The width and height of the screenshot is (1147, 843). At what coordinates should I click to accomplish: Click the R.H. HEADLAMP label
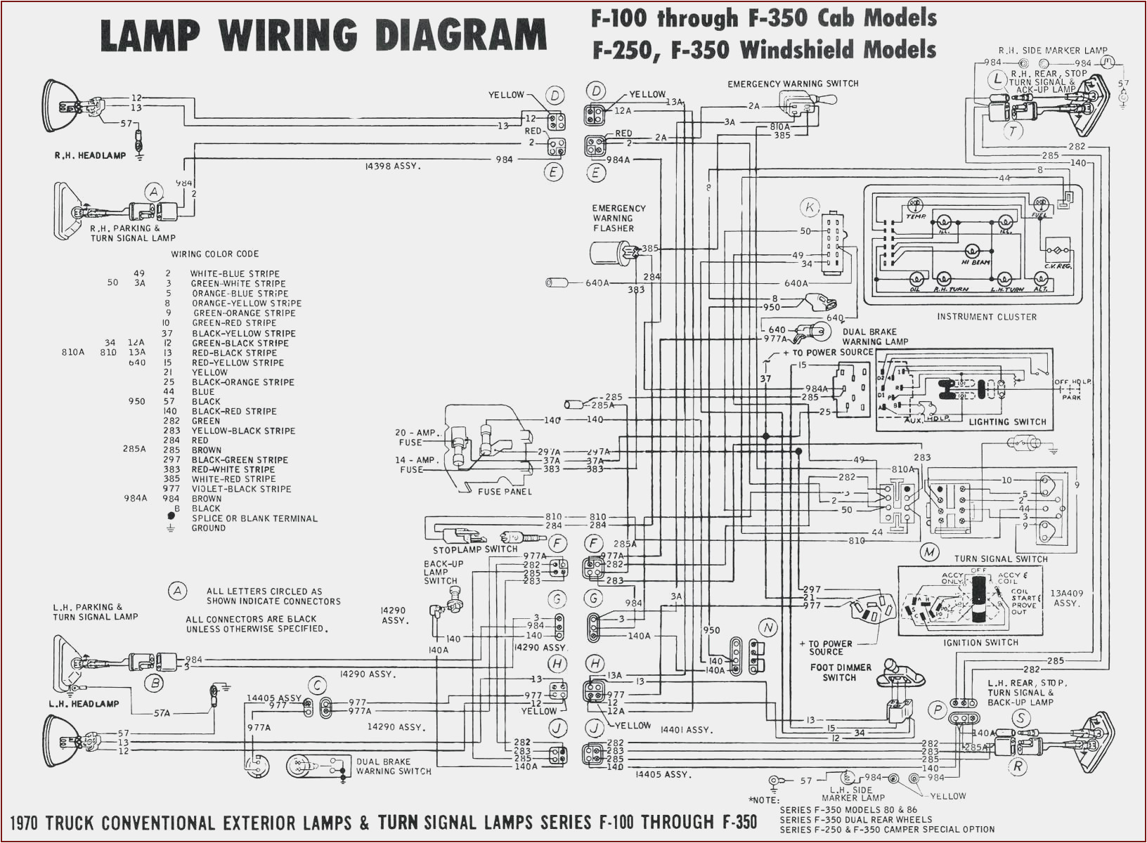pyautogui.click(x=90, y=155)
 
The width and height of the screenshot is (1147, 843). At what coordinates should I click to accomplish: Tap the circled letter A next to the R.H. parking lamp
pyautogui.click(x=154, y=192)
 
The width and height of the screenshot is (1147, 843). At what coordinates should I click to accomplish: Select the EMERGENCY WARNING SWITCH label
pyautogui.click(x=793, y=84)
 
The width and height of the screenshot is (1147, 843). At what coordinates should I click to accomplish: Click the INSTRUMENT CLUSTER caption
pyautogui.click(x=986, y=317)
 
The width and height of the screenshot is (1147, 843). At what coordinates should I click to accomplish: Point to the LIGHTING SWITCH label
pyautogui.click(x=1007, y=422)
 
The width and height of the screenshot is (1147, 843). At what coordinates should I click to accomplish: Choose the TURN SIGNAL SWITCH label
pyautogui.click(x=1000, y=559)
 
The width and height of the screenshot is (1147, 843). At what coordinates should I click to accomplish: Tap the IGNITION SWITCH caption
pyautogui.click(x=980, y=643)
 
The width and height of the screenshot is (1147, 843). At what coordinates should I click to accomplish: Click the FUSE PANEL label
pyautogui.click(x=505, y=491)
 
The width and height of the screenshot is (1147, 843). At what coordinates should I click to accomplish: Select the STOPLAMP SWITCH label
pyautogui.click(x=475, y=549)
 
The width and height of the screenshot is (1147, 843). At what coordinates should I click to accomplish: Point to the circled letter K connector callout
pyautogui.click(x=810, y=207)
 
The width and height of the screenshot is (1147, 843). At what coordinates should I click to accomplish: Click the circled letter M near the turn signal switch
pyautogui.click(x=930, y=552)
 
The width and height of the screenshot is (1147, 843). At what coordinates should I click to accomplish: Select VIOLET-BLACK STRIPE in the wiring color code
pyautogui.click(x=241, y=489)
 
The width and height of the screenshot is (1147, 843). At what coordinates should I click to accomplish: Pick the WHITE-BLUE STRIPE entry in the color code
pyautogui.click(x=235, y=274)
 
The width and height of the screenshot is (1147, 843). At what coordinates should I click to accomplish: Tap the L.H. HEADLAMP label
pyautogui.click(x=84, y=704)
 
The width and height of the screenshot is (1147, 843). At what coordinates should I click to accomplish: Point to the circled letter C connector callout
pyautogui.click(x=318, y=686)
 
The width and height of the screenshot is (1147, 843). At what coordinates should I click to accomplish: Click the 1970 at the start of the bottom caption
pyautogui.click(x=33, y=823)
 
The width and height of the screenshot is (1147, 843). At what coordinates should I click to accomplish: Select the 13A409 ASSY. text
pyautogui.click(x=1066, y=599)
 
